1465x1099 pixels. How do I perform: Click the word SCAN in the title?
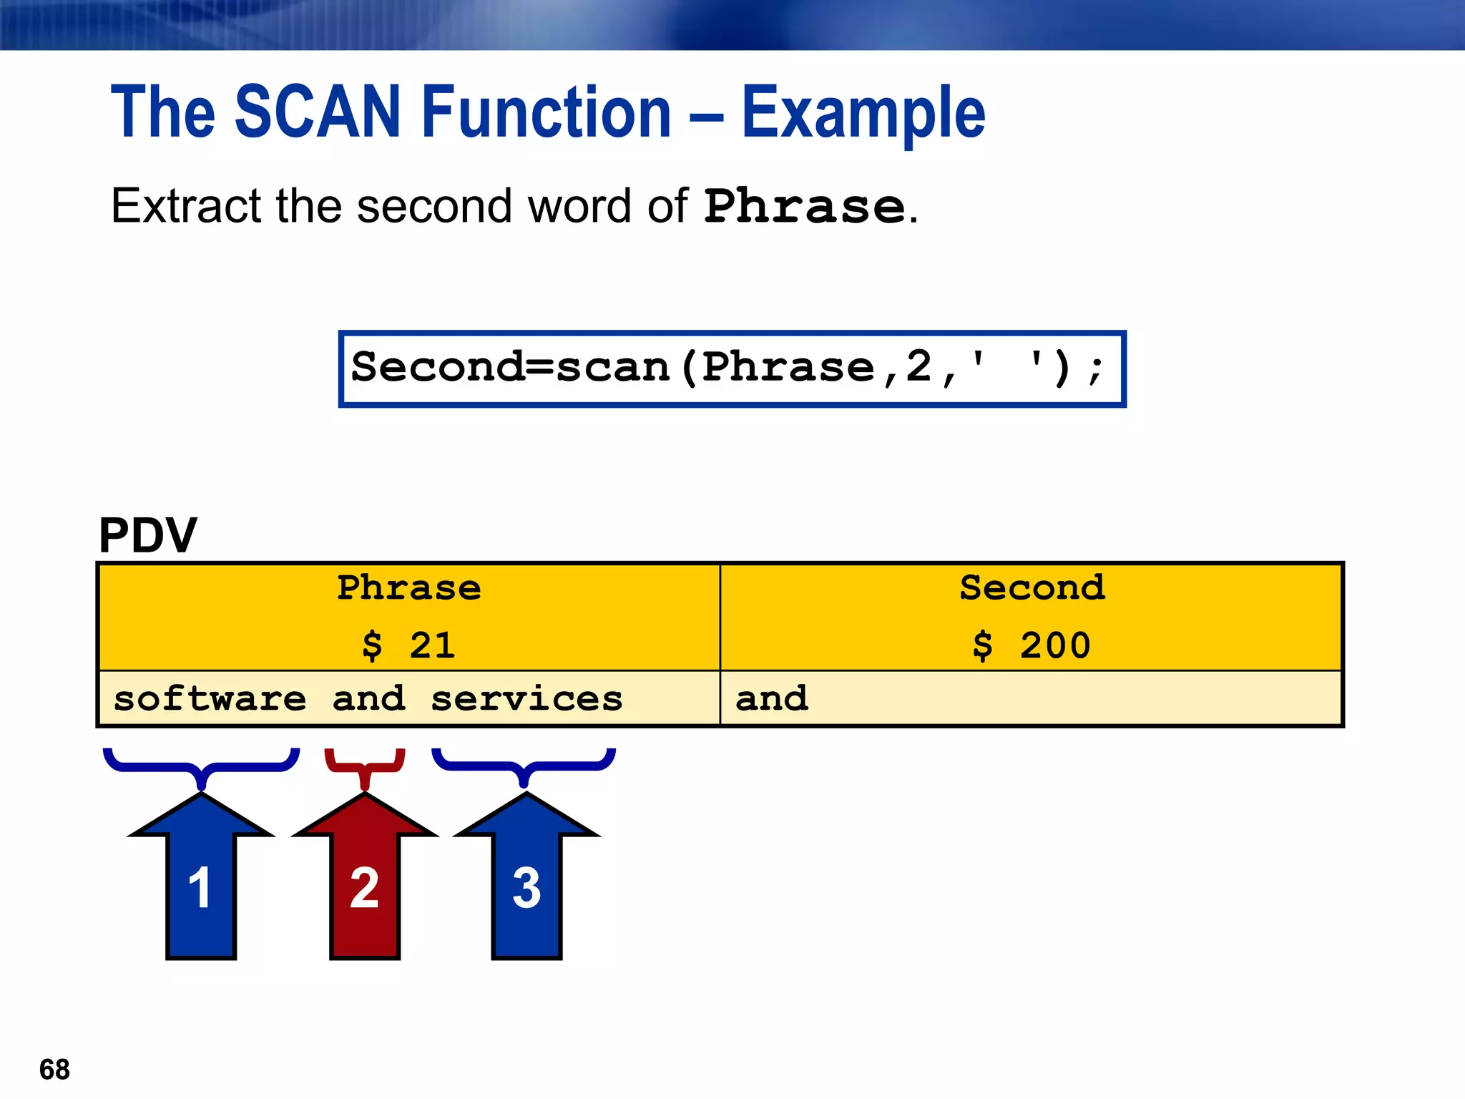(x=318, y=112)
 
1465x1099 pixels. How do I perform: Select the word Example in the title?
(x=863, y=113)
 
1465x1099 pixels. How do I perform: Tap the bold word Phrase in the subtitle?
(x=805, y=207)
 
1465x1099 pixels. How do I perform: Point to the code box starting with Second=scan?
(x=731, y=368)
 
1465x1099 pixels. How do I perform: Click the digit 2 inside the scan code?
(x=918, y=366)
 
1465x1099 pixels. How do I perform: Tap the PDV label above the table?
(x=147, y=535)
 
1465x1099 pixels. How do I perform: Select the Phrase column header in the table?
(x=409, y=588)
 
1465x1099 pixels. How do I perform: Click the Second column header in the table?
(x=1032, y=588)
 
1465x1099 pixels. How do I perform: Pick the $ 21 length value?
(x=409, y=645)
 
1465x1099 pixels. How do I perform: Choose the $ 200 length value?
(x=1032, y=645)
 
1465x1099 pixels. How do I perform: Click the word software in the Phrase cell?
(x=210, y=698)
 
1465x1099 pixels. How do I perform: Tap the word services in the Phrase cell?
(x=526, y=698)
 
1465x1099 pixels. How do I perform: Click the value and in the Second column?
(x=772, y=698)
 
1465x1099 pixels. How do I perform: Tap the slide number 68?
(x=54, y=1070)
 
